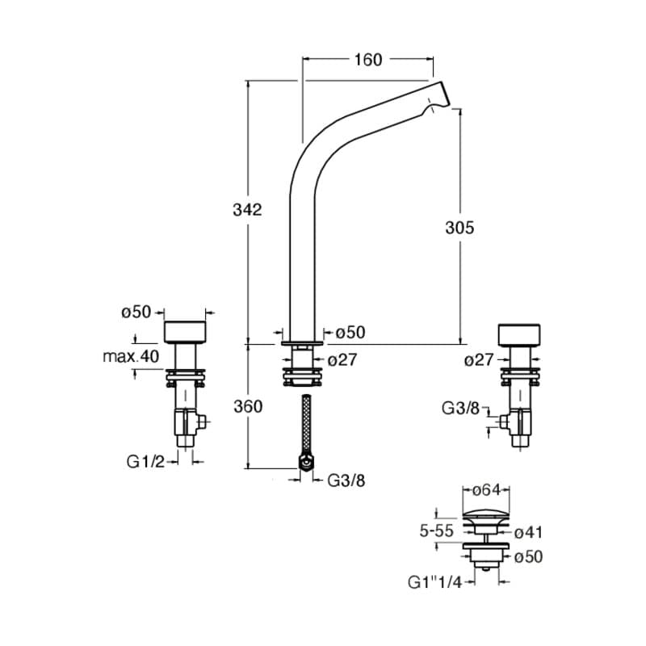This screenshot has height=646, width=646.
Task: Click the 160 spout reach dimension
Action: click(367, 60)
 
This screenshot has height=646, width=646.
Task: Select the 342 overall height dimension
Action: click(248, 210)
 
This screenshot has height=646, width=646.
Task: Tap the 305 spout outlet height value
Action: click(459, 228)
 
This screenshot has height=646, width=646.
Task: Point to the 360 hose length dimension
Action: click(248, 406)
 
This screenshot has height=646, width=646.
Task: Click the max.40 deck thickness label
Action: click(131, 355)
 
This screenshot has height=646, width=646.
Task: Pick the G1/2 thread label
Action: click(145, 461)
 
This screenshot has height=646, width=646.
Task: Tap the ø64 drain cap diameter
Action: click(488, 490)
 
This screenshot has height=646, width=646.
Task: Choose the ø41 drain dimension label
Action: click(526, 532)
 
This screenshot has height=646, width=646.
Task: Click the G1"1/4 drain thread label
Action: click(434, 581)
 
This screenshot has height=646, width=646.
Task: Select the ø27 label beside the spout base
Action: click(342, 360)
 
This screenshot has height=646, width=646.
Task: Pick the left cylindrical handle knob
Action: click(186, 331)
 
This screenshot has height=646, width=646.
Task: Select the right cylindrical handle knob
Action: click(521, 334)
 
